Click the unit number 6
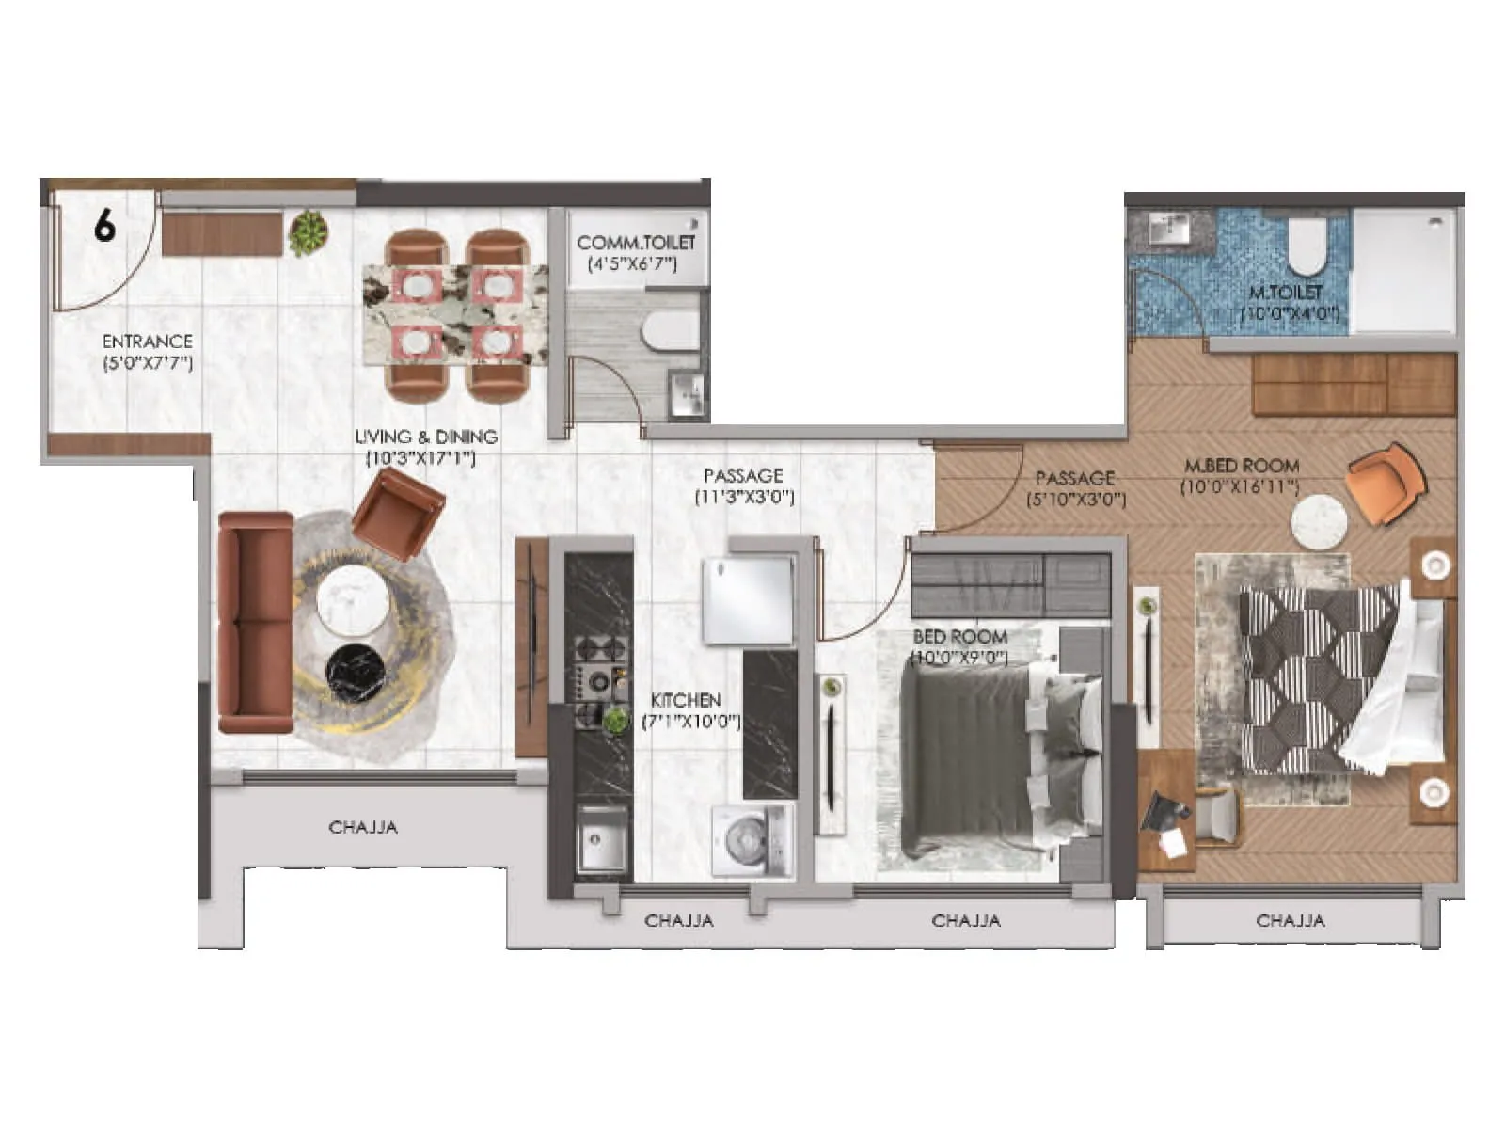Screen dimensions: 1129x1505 (x=104, y=227)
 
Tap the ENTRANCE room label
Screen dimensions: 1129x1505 (x=148, y=342)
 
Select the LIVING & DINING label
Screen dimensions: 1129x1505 (x=426, y=437)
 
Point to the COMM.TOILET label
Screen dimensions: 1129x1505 (x=636, y=243)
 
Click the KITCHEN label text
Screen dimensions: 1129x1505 (x=687, y=700)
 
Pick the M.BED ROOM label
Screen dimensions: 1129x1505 (x=1242, y=466)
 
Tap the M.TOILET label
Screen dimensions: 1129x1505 (x=1286, y=293)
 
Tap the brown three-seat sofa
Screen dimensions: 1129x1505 (x=255, y=622)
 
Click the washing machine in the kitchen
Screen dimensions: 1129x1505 (x=752, y=841)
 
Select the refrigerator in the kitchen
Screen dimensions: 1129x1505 (x=749, y=598)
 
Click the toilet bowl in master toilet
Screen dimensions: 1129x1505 (x=1307, y=245)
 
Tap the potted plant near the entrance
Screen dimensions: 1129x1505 (x=307, y=232)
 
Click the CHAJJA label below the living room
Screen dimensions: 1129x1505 (x=363, y=827)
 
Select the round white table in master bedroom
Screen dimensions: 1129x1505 (x=1319, y=523)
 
